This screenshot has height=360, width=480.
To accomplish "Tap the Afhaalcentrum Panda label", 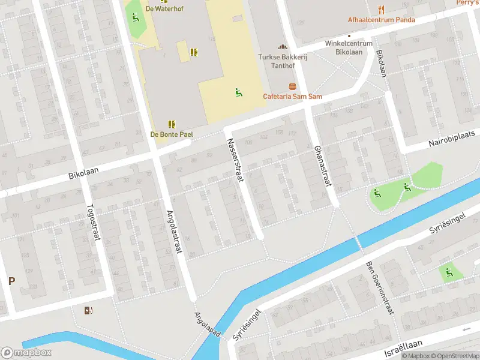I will (x=381, y=19).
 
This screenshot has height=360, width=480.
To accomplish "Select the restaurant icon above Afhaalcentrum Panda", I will (x=381, y=8).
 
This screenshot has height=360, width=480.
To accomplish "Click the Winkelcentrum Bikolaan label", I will (x=349, y=47).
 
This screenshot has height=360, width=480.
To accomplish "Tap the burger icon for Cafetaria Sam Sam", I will (x=292, y=87).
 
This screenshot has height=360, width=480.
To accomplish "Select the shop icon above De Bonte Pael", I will (x=172, y=124).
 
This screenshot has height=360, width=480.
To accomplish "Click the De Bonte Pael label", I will (x=171, y=134).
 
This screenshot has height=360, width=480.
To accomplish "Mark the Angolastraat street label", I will (x=174, y=232).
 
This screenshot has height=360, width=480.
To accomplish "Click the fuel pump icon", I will (x=89, y=310).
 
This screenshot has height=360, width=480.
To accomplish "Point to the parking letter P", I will (x=11, y=280).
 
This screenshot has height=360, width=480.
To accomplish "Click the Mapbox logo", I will (x=26, y=353).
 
